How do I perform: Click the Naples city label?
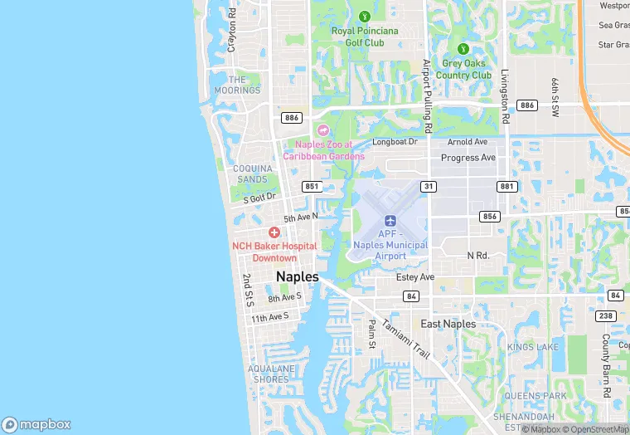[x=297, y=277]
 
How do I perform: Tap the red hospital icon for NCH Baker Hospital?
[x=274, y=232]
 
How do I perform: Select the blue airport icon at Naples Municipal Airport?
[x=390, y=221]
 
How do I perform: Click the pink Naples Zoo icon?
[x=323, y=130]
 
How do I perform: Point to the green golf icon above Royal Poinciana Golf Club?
[x=364, y=16]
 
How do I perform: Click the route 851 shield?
[x=312, y=187]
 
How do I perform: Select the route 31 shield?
[x=429, y=187]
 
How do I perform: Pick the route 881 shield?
[x=506, y=187]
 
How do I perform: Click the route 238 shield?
[x=605, y=316]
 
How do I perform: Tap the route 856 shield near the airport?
[x=489, y=216]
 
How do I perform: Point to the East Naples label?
[x=448, y=324]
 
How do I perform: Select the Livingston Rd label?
[x=504, y=97]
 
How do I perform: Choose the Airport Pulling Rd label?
[x=428, y=97]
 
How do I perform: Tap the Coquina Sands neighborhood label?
[x=251, y=174]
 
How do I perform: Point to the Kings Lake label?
[x=533, y=346]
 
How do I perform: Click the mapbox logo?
[x=37, y=423]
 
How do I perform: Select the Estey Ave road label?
[x=415, y=277]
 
